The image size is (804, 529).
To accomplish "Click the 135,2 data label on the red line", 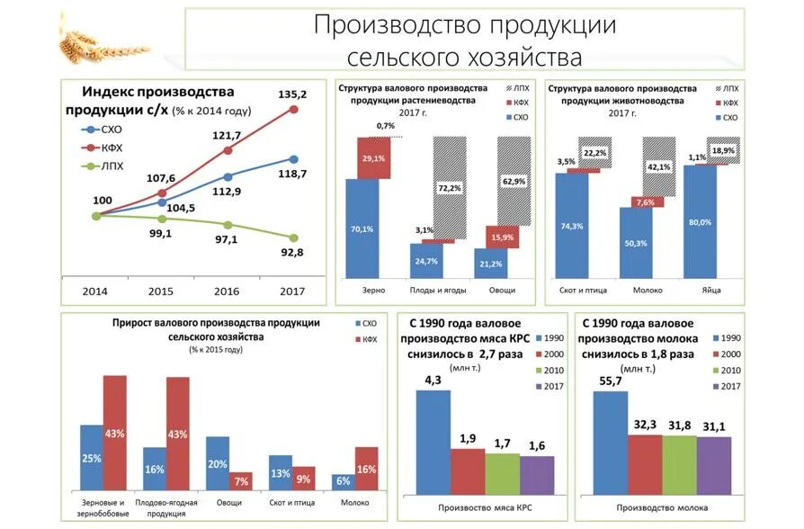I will (x=292, y=94).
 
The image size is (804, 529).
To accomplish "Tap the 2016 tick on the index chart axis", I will (x=228, y=291).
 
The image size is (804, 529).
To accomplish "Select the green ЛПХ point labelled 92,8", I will (x=293, y=237).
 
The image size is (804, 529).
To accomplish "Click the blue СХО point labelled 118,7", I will (x=293, y=159).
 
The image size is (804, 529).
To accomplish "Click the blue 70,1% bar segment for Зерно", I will (x=362, y=229).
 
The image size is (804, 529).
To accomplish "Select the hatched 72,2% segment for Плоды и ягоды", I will (x=450, y=187).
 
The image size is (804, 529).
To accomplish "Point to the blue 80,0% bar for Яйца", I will (x=700, y=221).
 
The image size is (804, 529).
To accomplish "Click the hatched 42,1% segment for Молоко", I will (x=658, y=166).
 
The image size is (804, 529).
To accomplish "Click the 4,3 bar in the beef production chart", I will (x=433, y=441).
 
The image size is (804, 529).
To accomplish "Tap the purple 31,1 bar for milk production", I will (x=713, y=464).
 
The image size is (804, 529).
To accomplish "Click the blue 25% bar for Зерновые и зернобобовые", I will (x=92, y=458).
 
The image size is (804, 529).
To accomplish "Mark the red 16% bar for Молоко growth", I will (x=367, y=469).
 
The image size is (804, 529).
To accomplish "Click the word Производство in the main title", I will (x=388, y=24).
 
